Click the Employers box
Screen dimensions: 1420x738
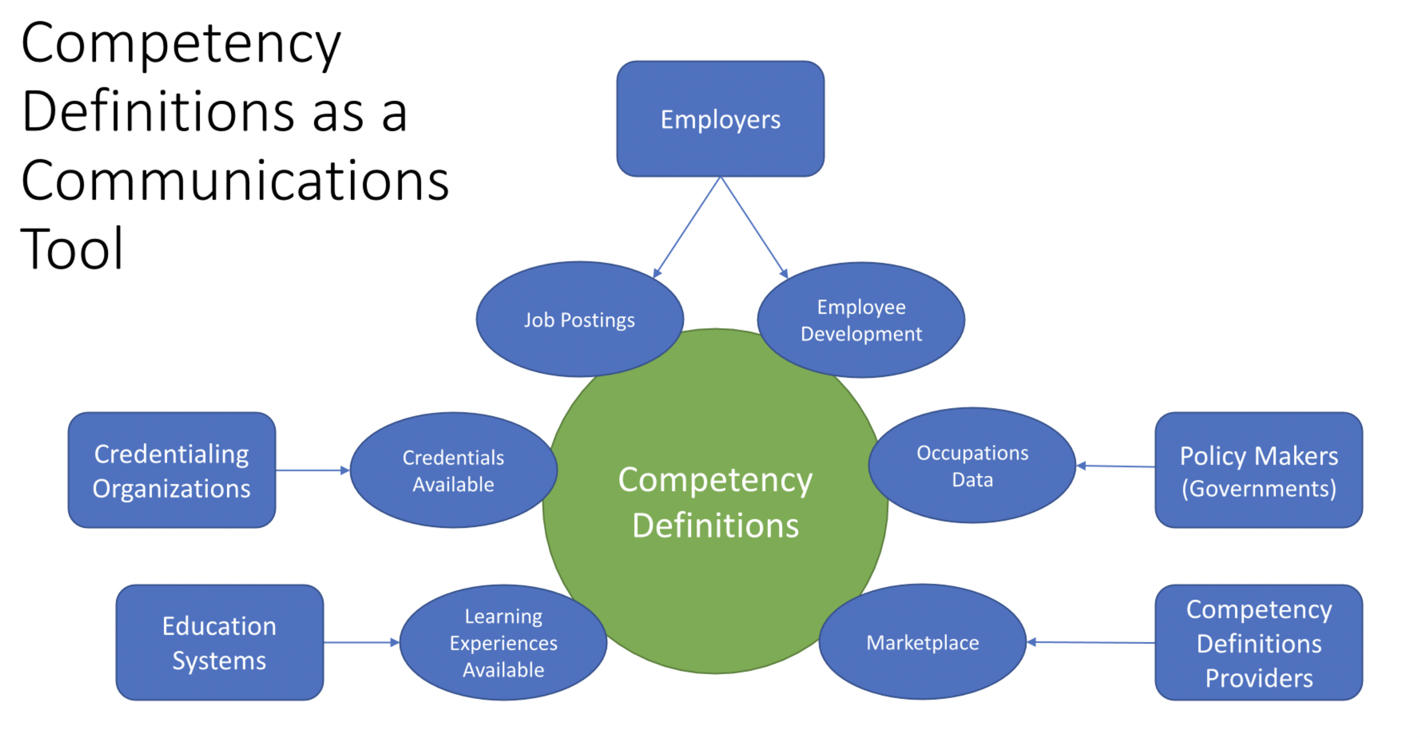pyautogui.click(x=720, y=119)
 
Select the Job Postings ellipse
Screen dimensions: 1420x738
pyautogui.click(x=579, y=320)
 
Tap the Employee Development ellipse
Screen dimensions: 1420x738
pyautogui.click(x=861, y=320)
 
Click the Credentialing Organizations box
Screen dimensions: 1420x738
pyautogui.click(x=172, y=471)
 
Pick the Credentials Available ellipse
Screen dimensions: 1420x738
pyautogui.click(x=453, y=471)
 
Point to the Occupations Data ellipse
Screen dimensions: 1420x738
pyautogui.click(x=972, y=466)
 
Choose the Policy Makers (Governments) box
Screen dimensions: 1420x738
pyautogui.click(x=1259, y=471)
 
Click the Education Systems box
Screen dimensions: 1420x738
pyautogui.click(x=220, y=643)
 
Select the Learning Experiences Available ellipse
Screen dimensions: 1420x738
pyautogui.click(x=503, y=643)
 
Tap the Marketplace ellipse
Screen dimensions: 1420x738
pyautogui.click(x=922, y=642)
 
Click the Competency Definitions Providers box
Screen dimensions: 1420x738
pyautogui.click(x=1259, y=643)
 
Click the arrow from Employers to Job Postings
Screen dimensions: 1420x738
pyautogui.click(x=687, y=227)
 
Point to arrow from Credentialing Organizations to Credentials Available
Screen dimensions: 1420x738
pyautogui.click(x=312, y=470)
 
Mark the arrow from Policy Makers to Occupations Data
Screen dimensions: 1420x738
pyautogui.click(x=1116, y=466)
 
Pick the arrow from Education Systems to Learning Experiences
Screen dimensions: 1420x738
pyautogui.click(x=361, y=643)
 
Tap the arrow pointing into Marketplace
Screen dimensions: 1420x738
pyautogui.click(x=1091, y=642)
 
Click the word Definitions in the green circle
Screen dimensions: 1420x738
pyautogui.click(x=716, y=525)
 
